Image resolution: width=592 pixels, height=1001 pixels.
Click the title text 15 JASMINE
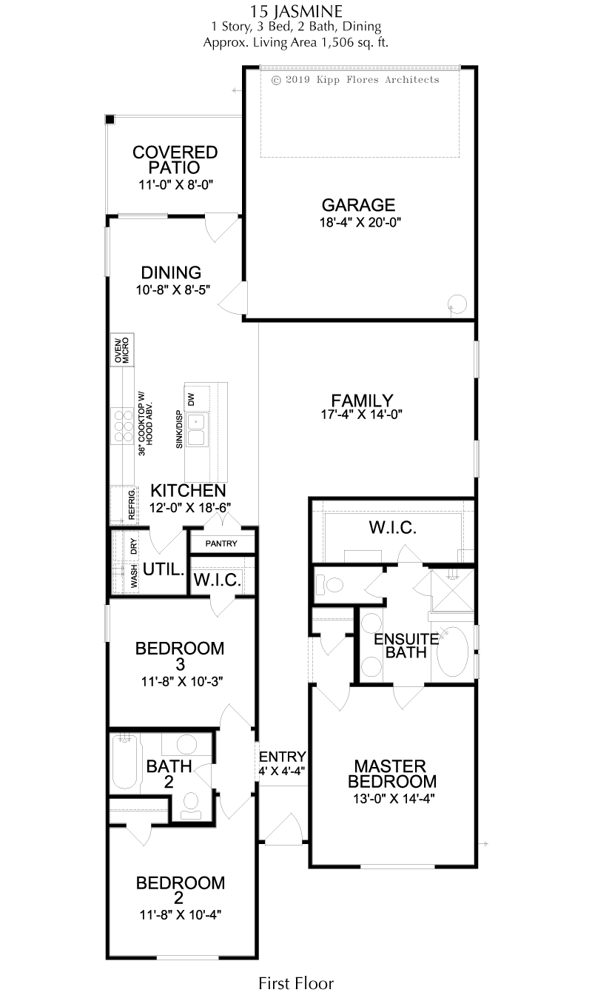click(296, 11)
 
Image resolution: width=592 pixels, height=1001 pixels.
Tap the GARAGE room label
click(358, 205)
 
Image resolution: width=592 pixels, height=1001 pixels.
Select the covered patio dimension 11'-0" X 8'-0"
click(175, 184)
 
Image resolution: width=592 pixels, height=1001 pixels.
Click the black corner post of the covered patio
click(110, 120)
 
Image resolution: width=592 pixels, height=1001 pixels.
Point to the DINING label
click(171, 272)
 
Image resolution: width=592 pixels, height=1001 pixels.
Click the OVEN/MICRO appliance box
click(122, 350)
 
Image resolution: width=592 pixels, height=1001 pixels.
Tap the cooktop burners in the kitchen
click(123, 426)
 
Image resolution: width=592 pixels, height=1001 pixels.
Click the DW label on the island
click(191, 398)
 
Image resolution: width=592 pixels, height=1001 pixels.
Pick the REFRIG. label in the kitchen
click(132, 505)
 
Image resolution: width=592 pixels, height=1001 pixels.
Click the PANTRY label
click(221, 543)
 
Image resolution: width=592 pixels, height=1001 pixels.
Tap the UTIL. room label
click(164, 570)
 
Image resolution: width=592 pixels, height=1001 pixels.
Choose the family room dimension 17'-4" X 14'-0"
click(361, 415)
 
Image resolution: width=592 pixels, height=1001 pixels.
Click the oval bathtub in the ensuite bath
click(452, 651)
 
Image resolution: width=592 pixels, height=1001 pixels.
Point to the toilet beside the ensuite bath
click(329, 584)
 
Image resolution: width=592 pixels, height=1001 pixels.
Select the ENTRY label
click(283, 757)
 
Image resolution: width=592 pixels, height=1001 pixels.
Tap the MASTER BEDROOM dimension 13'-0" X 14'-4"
click(394, 798)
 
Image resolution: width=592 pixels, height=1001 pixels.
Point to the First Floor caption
click(296, 983)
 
